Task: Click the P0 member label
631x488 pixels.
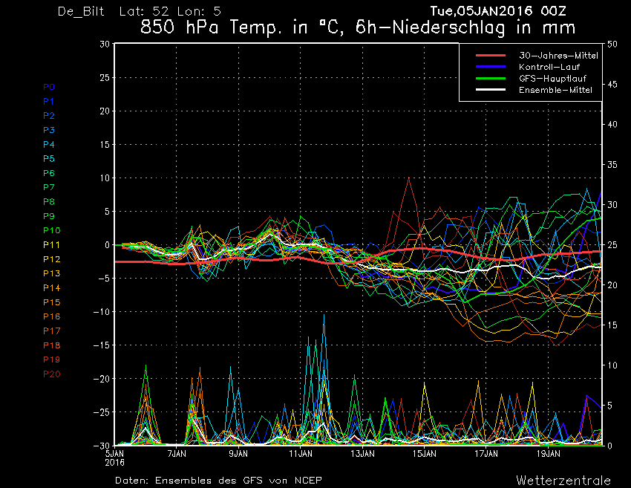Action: (x=49, y=87)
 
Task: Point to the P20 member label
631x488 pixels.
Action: (x=52, y=374)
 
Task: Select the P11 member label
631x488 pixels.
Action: (x=52, y=244)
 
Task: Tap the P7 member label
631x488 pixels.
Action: (x=49, y=187)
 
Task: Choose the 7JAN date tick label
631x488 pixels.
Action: (x=177, y=452)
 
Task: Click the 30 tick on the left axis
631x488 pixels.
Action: (x=105, y=44)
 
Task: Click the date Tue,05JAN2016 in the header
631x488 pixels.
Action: (x=483, y=11)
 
